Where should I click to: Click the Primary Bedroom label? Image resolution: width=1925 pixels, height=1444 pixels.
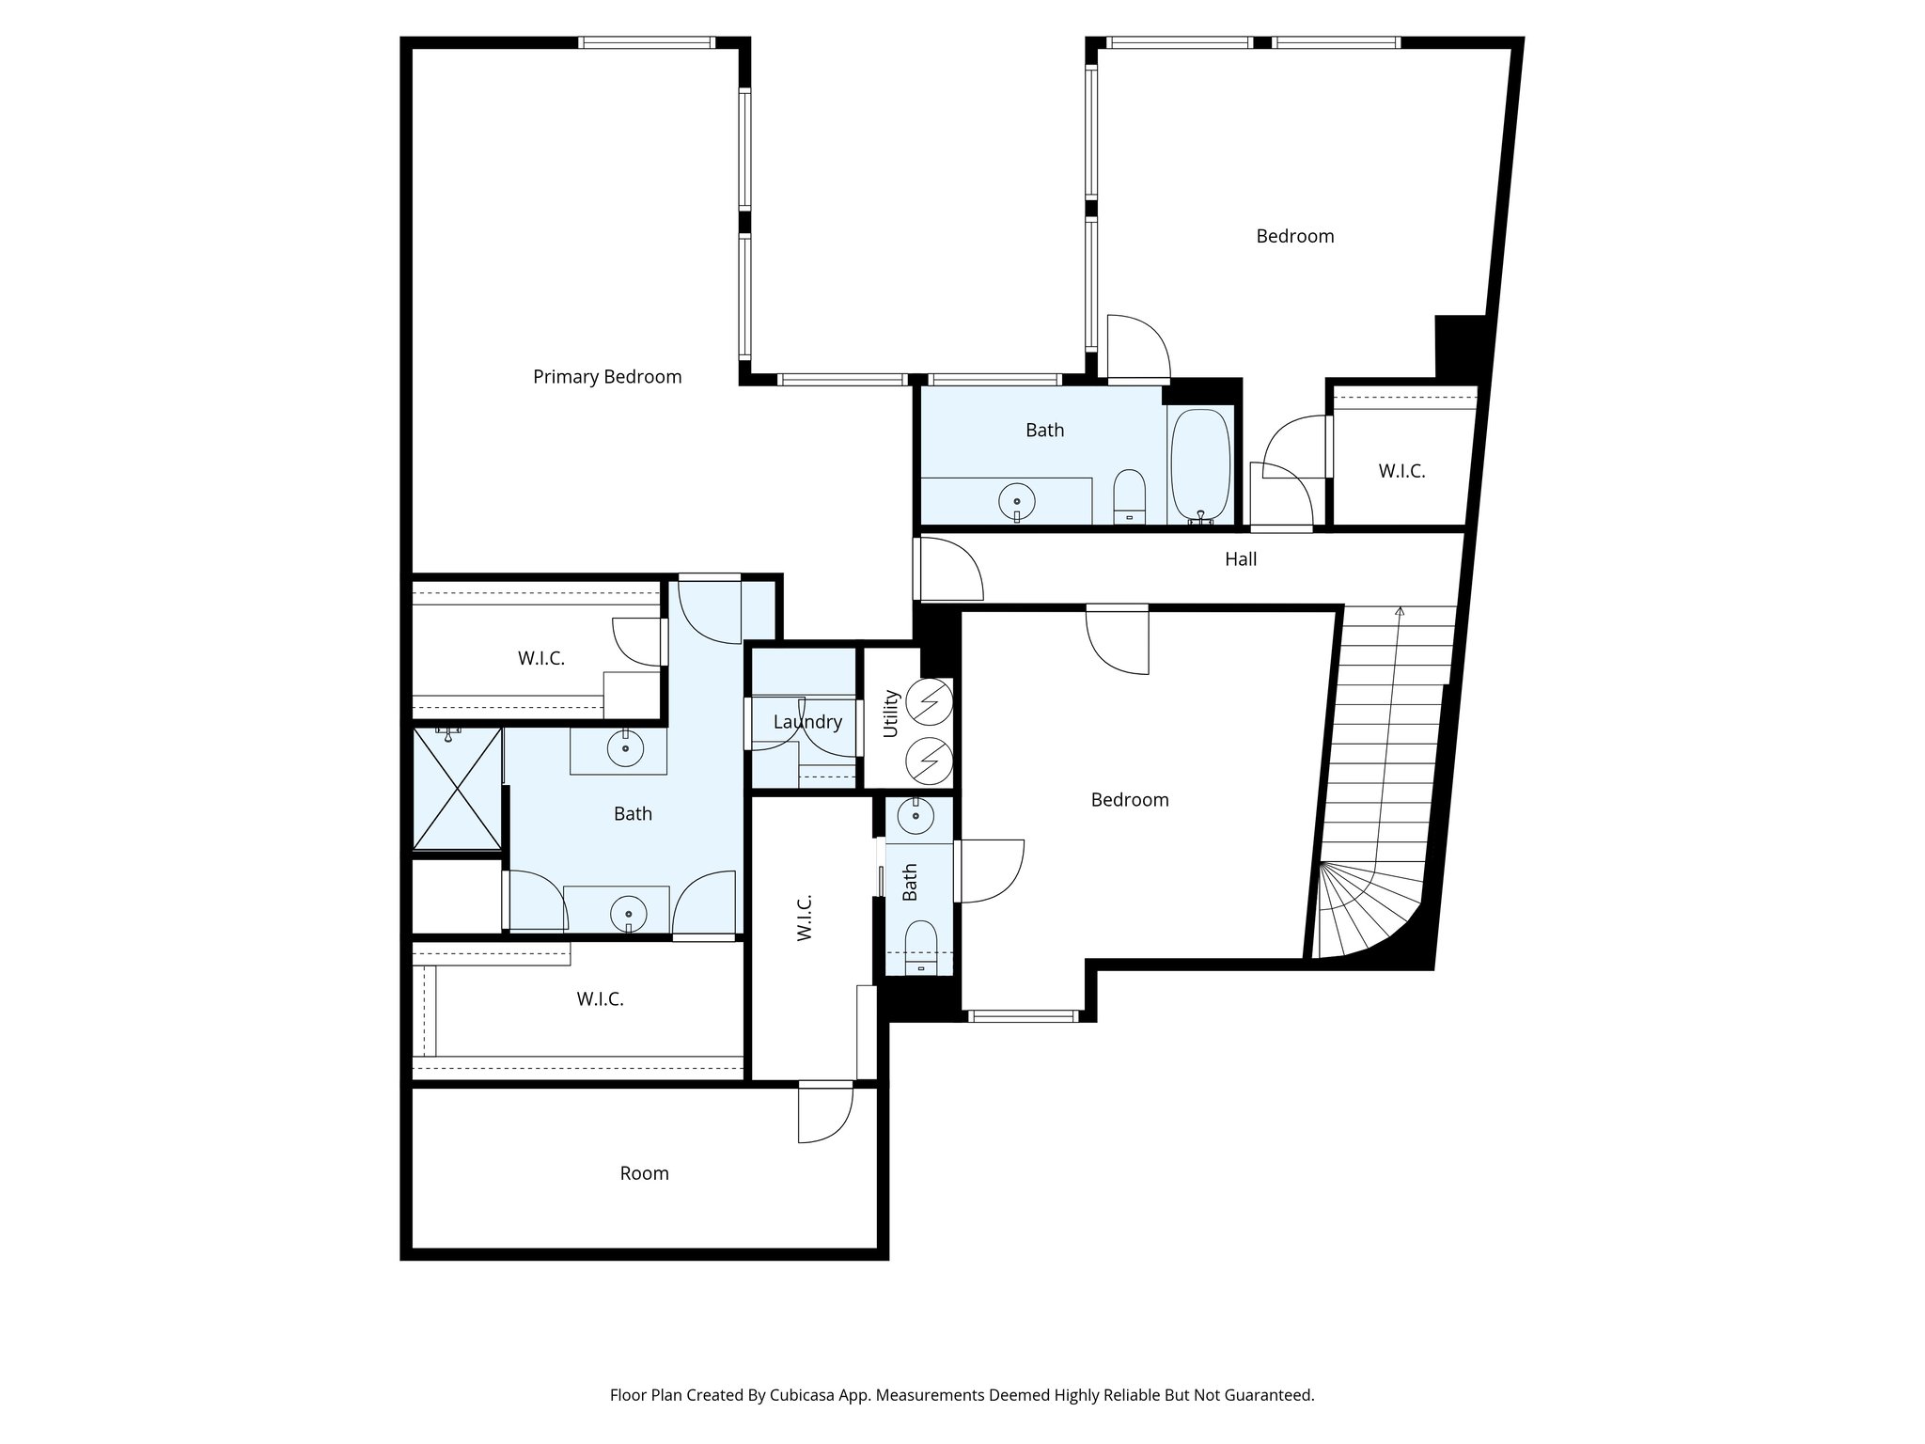point(607,377)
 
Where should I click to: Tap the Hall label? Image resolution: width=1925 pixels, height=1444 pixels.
point(1240,559)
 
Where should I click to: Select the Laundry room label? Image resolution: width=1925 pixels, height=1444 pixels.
point(807,722)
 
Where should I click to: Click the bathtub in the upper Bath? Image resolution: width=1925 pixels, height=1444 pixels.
point(1200,464)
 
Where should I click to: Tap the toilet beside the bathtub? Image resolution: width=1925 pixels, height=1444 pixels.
point(1129,494)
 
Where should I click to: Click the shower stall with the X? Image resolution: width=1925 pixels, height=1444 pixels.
point(457,790)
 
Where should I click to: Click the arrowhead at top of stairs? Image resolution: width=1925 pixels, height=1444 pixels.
point(1400,612)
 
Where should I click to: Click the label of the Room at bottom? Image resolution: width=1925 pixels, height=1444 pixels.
point(644,1173)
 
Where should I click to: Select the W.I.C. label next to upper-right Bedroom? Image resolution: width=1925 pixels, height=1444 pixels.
point(1401,472)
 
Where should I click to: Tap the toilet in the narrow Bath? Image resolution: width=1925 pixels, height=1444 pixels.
point(919,945)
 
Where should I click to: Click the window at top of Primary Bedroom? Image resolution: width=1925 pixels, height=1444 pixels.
point(647,42)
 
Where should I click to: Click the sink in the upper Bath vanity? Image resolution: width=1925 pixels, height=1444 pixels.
point(1016,499)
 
